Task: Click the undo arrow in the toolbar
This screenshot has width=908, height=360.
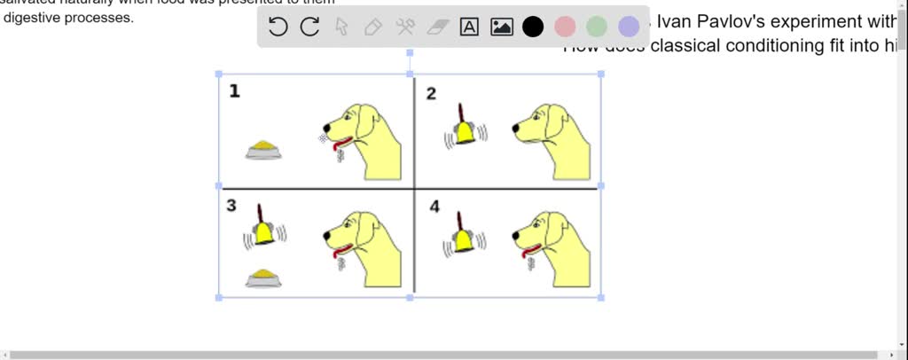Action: click(x=278, y=27)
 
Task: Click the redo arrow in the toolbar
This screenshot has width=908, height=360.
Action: click(x=309, y=27)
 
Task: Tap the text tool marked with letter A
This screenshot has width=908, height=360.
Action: click(x=469, y=27)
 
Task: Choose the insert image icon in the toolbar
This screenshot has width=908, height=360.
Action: click(x=502, y=27)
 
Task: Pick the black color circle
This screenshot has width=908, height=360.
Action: click(x=533, y=27)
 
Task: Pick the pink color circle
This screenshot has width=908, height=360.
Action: click(x=565, y=27)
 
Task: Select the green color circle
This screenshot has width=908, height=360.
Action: click(x=597, y=27)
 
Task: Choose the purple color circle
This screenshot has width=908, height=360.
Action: click(x=629, y=27)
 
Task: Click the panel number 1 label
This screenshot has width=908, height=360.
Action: click(x=234, y=90)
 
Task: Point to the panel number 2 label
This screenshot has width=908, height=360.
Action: click(x=431, y=94)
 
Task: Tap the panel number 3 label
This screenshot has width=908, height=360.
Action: click(x=231, y=205)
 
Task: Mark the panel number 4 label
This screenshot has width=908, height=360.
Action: click(x=434, y=207)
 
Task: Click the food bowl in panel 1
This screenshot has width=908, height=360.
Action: click(x=263, y=150)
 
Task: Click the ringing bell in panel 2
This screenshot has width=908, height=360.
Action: click(x=464, y=129)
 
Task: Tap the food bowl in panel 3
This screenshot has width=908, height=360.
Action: click(x=263, y=278)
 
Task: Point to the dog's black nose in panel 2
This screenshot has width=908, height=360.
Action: click(x=516, y=129)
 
